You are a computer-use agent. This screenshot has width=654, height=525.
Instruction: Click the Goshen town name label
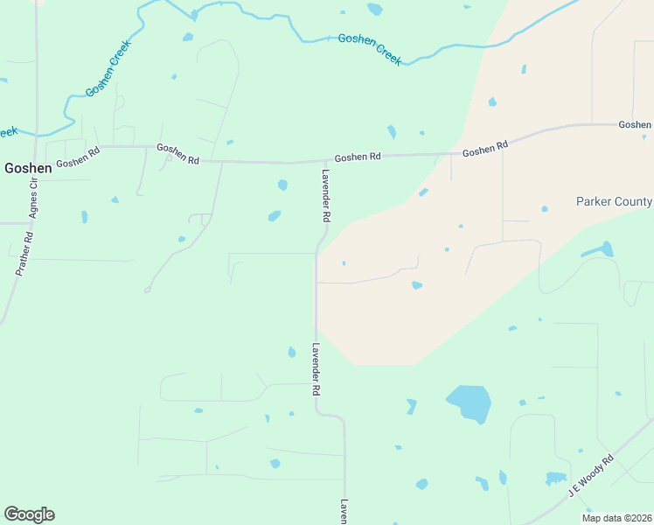(x=28, y=169)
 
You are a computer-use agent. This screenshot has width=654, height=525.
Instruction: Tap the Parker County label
(x=614, y=201)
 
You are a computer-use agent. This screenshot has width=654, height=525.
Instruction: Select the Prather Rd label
(x=24, y=254)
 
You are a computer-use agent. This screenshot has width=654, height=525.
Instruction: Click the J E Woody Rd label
(x=591, y=475)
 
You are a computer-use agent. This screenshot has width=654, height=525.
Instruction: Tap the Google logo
(x=29, y=514)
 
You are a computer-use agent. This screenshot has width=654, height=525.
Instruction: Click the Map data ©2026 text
(x=617, y=518)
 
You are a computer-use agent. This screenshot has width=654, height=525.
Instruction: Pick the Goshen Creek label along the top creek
(x=369, y=49)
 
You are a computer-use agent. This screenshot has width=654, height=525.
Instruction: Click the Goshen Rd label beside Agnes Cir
(x=78, y=157)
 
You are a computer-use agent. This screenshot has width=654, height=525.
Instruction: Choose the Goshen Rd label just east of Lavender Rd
(x=358, y=157)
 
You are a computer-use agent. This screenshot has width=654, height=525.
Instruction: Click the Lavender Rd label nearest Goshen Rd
(x=325, y=194)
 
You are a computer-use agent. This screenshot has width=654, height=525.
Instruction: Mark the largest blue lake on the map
(x=470, y=402)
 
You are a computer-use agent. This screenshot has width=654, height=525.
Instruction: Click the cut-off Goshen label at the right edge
(x=635, y=125)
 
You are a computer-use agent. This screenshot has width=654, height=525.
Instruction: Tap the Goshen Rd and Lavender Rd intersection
(x=317, y=162)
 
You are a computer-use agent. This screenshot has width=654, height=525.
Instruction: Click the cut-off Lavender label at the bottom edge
(x=344, y=512)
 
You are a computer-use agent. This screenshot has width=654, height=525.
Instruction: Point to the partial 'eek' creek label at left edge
(x=8, y=131)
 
